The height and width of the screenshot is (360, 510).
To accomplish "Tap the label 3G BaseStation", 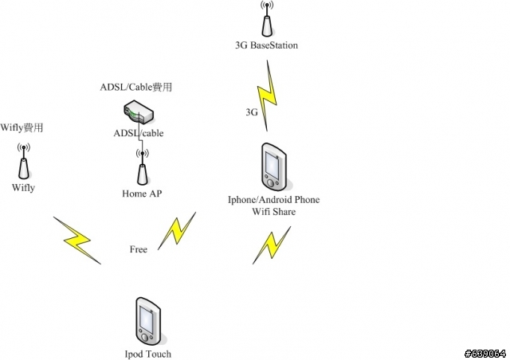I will point(266,45).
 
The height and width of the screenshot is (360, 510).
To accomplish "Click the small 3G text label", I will point(251,113).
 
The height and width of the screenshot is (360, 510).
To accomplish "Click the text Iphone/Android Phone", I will point(273,200).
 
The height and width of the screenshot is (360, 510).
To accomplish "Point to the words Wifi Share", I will point(273,212).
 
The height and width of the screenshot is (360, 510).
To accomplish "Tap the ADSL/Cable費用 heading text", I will point(137,88).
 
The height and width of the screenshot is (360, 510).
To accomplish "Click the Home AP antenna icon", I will point(142,167).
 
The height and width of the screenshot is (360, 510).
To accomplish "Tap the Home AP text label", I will point(142,194).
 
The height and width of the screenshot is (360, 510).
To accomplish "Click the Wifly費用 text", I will point(22,127).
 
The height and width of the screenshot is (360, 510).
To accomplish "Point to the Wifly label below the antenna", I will point(24,188).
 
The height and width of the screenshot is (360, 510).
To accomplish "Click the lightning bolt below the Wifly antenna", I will point(77,239).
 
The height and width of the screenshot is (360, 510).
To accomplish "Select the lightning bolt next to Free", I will point(177,231).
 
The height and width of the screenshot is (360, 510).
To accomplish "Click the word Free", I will point(139,249).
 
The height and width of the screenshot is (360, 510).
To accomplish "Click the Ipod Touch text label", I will point(148,354).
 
